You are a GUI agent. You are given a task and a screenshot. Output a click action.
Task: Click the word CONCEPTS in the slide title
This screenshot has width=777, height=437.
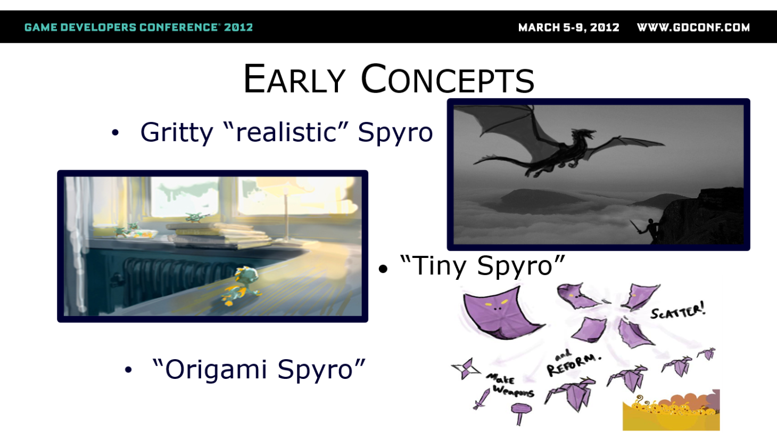coord(448,79)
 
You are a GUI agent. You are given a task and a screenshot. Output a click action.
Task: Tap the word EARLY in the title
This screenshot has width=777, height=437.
coord(294,79)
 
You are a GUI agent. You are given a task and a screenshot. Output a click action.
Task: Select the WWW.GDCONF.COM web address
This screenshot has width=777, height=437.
coord(693,27)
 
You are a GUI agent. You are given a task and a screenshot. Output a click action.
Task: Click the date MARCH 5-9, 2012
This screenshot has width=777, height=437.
coord(568,27)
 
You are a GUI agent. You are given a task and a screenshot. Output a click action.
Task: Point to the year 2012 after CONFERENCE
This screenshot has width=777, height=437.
coord(238,27)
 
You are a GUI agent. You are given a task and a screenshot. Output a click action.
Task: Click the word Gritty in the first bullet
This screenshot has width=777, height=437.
coord(177,133)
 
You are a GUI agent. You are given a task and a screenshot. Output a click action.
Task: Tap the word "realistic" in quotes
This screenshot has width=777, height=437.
coord(286,132)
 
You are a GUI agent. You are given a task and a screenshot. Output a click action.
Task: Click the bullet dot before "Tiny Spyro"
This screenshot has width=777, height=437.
coord(383,269)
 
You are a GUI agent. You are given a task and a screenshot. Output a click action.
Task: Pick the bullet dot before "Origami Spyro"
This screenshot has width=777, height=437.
coord(128,370)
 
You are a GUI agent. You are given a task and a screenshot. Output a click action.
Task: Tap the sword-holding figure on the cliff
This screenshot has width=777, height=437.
coord(648,229)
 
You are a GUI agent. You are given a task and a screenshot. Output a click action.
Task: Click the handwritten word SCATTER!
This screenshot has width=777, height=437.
coord(678,311)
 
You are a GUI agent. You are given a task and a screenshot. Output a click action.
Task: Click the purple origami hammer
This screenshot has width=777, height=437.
coord(521,412)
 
